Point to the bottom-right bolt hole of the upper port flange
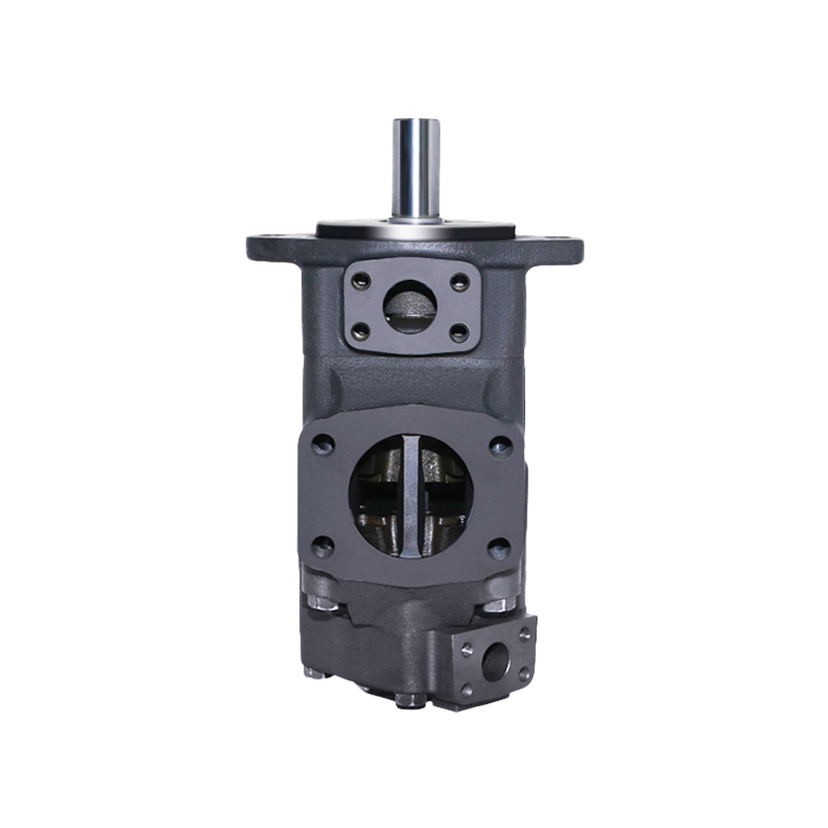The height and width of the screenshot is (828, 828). point(458,332)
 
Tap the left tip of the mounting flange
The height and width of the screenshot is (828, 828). point(250,247)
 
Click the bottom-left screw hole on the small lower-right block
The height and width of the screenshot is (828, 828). point(469,686)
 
